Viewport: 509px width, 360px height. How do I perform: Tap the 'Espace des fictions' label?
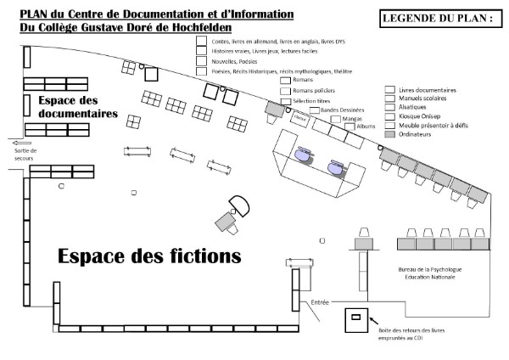click(x=148, y=256)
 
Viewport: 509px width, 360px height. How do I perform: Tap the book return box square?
click(x=356, y=318)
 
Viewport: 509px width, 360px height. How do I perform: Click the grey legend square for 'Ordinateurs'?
click(x=389, y=134)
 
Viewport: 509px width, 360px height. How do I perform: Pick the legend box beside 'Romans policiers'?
click(x=283, y=90)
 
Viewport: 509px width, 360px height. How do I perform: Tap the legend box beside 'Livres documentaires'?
click(x=389, y=89)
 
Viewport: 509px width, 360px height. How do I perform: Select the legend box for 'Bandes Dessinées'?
click(x=314, y=110)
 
